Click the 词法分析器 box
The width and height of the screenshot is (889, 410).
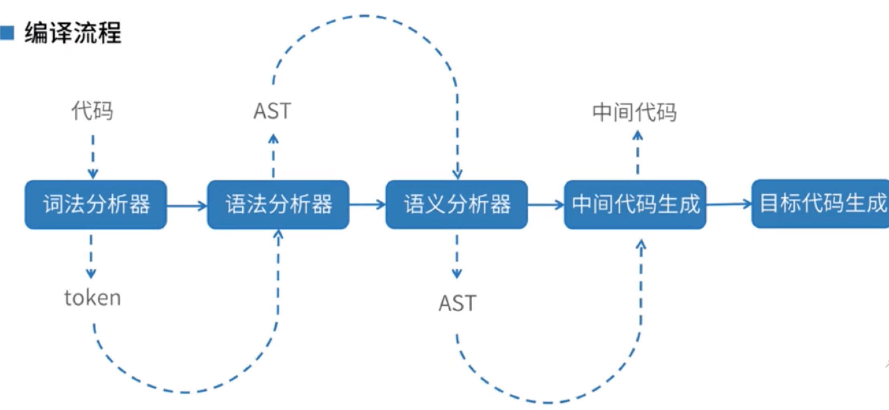(x=95, y=205)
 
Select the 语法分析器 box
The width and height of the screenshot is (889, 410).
(x=278, y=205)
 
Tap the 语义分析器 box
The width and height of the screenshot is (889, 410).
(x=457, y=205)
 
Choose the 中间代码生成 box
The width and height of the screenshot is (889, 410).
(x=635, y=205)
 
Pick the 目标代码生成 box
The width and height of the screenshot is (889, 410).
(x=820, y=204)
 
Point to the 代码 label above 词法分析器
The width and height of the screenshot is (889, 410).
(x=93, y=110)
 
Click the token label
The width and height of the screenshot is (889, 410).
(x=92, y=298)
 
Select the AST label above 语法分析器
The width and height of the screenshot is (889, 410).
(x=272, y=111)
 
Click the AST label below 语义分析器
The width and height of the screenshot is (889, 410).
(x=457, y=303)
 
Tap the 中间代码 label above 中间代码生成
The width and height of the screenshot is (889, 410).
(x=635, y=112)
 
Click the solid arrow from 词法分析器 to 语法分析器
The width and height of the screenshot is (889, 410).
(x=187, y=206)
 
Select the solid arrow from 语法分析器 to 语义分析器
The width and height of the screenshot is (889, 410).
(x=367, y=205)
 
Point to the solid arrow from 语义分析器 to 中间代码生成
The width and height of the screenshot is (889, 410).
(x=546, y=205)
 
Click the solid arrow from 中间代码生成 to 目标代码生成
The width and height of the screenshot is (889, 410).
(x=729, y=204)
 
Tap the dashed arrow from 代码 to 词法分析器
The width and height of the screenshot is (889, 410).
(x=93, y=156)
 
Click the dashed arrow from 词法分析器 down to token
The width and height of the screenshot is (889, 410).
(x=91, y=257)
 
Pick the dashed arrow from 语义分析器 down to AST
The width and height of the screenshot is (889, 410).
(x=457, y=257)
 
